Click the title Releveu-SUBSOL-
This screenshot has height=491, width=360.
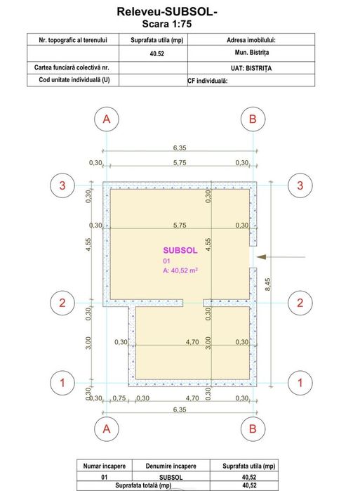pyautogui.click(x=167, y=11)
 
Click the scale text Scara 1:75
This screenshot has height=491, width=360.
pyautogui.click(x=167, y=24)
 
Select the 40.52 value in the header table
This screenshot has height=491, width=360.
pyautogui.click(x=156, y=53)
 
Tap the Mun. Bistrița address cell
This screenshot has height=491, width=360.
pyautogui.click(x=252, y=52)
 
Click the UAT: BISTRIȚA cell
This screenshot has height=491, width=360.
pyautogui.click(x=251, y=68)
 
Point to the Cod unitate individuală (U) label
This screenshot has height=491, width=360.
pyautogui.click(x=74, y=79)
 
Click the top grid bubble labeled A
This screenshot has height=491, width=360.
pyautogui.click(x=107, y=119)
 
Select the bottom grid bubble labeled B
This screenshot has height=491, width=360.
pyautogui.click(x=253, y=428)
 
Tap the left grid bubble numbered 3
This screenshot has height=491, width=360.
pyautogui.click(x=62, y=185)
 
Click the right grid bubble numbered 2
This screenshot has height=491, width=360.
pyautogui.click(x=300, y=303)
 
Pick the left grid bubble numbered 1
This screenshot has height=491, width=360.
pyautogui.click(x=62, y=383)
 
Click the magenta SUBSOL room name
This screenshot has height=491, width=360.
pyautogui.click(x=180, y=250)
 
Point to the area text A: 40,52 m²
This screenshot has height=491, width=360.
pyautogui.click(x=180, y=270)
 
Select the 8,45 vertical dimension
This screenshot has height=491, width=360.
pyautogui.click(x=268, y=284)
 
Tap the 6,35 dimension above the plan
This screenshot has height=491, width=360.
pyautogui.click(x=180, y=148)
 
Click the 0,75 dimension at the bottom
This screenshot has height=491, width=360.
pyautogui.click(x=119, y=398)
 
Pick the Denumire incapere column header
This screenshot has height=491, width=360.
pyautogui.click(x=171, y=466)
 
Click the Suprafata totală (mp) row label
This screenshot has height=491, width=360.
pyautogui.click(x=143, y=485)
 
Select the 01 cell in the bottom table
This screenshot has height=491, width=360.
pyautogui.click(x=104, y=477)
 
